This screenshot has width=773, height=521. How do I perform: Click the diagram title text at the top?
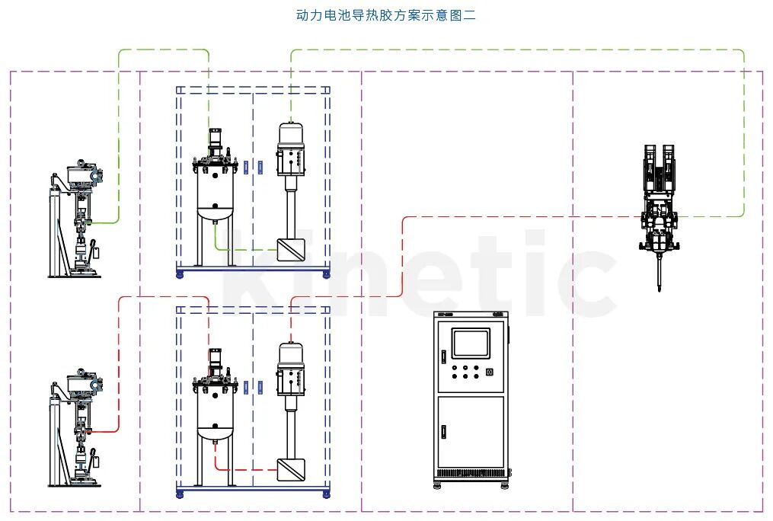tap(385, 15)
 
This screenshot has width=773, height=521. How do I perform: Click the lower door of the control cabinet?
tap(471, 430)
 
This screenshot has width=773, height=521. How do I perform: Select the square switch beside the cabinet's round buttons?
tap(489, 372)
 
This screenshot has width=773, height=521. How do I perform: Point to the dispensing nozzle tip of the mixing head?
tap(658, 288)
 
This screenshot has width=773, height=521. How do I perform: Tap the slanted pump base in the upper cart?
tap(290, 250)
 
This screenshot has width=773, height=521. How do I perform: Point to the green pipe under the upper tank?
tap(244, 248)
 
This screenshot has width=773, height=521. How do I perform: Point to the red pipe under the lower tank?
tap(244, 468)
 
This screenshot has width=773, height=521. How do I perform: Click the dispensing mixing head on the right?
tap(659, 206)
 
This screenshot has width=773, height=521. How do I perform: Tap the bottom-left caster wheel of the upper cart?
tap(180, 274)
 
